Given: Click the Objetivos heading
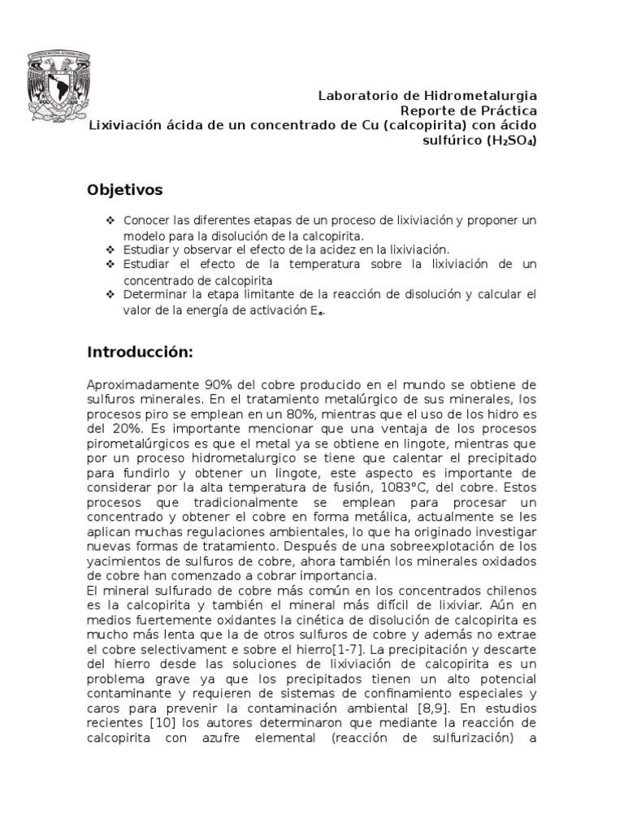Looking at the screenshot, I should (124, 190).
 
